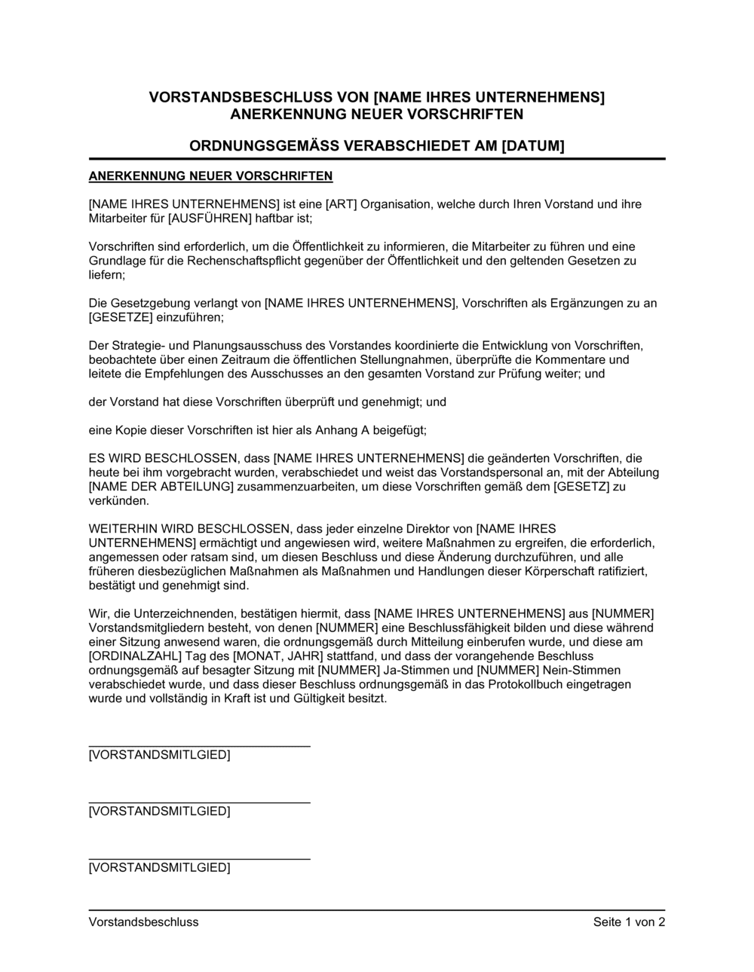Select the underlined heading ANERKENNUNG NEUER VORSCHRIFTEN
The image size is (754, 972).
[210, 177]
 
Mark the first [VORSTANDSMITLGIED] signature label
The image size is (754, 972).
[160, 755]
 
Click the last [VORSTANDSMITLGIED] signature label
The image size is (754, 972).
[160, 868]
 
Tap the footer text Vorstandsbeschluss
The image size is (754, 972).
[144, 922]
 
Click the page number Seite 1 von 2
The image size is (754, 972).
[629, 922]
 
